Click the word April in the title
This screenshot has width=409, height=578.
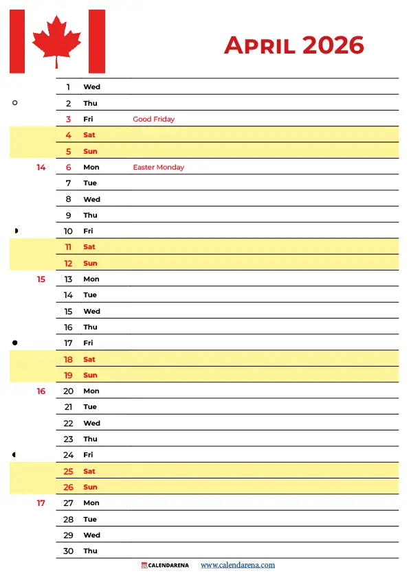tap(261, 45)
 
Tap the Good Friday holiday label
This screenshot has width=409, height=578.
tap(153, 119)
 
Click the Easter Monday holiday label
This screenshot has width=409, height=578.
tap(158, 167)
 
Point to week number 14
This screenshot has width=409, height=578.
tap(41, 167)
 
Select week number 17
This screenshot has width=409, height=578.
tap(41, 503)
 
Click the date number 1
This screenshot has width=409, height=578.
tap(69, 87)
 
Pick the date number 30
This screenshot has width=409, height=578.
tap(68, 551)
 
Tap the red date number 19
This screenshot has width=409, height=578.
tap(68, 375)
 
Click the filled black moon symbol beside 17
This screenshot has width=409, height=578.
tap(15, 343)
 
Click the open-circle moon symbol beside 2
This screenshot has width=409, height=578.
tap(15, 103)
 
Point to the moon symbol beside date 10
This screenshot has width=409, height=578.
tap(15, 231)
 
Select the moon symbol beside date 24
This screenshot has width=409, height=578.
tap(15, 454)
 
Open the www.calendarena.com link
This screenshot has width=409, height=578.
tap(238, 565)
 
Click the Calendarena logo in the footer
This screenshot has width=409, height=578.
tap(165, 566)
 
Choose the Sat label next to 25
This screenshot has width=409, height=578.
tap(89, 472)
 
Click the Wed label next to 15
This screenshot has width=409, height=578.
tap(91, 312)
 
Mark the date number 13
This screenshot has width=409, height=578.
tap(68, 279)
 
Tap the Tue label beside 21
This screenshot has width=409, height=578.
tap(90, 407)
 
